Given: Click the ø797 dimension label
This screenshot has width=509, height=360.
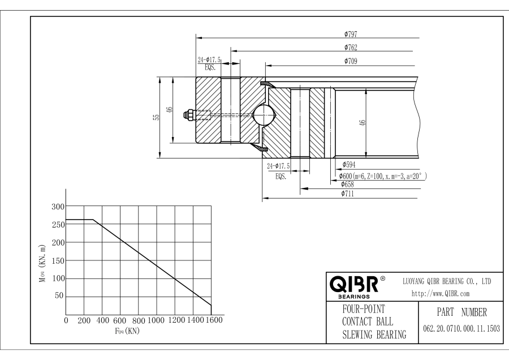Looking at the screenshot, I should click(x=350, y=34).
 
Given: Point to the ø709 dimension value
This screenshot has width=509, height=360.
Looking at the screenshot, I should click(x=350, y=61).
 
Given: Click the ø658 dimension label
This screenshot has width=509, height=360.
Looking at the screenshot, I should click(x=348, y=185).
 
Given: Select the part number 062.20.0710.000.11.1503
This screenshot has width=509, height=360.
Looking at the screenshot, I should click(x=459, y=328).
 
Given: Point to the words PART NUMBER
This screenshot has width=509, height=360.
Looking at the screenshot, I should click(x=459, y=312).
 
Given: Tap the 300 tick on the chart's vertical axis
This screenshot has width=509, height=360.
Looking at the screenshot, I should click(x=58, y=207).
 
